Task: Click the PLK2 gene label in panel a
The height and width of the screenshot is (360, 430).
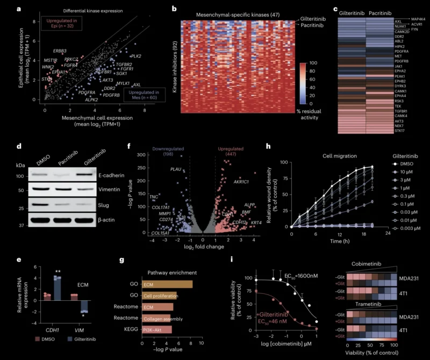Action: (136, 56)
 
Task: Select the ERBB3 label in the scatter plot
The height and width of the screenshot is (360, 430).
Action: (60, 51)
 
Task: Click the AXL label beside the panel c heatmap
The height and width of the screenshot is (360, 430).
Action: (383, 20)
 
